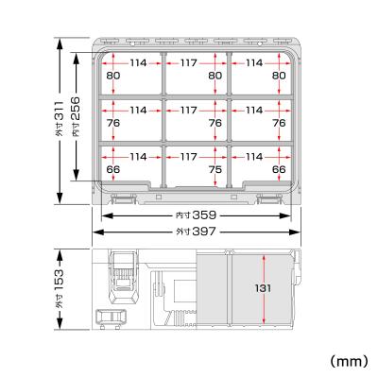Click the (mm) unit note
coord(347,361)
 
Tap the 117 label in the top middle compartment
coord(190,64)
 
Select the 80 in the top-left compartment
coord(112,76)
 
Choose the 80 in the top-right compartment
coord(279,76)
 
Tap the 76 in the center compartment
coord(214,123)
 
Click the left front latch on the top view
coord(123,199)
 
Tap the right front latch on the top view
coord(269,199)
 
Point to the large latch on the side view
coord(122,274)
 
